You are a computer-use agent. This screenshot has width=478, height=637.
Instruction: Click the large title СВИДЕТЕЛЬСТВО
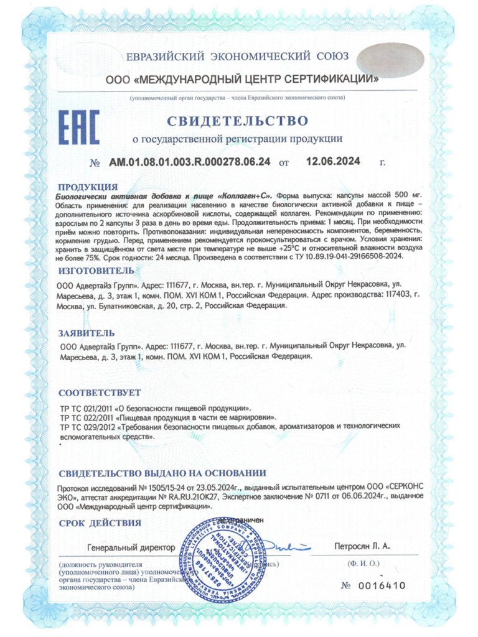237,119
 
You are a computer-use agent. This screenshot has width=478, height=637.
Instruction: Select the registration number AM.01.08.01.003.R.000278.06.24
190,162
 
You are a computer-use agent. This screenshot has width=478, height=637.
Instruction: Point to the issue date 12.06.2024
334,162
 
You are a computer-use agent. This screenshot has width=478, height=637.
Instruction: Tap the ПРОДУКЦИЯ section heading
87,187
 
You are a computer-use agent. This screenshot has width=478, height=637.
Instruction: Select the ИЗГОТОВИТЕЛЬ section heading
95,271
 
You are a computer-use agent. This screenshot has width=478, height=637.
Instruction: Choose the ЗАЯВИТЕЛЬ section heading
86,333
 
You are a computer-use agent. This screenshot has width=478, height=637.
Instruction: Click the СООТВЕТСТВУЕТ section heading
99,393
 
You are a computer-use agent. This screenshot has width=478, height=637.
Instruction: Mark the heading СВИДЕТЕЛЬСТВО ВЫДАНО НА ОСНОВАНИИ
162,473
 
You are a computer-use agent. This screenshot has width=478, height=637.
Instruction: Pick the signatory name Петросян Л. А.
360,546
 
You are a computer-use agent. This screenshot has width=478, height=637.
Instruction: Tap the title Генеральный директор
131,547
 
